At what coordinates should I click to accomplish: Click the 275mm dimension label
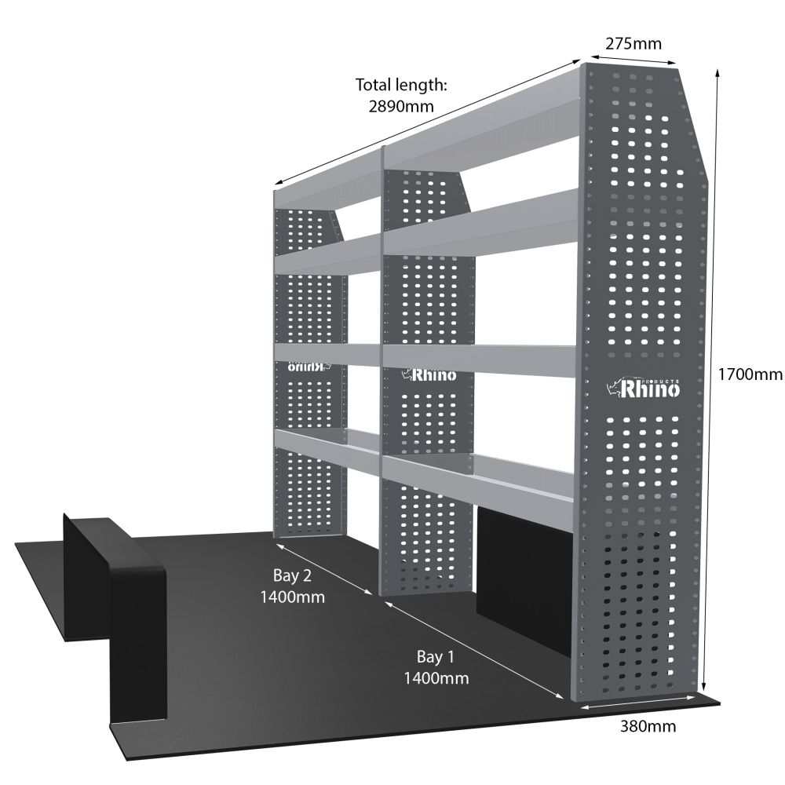pyautogui.click(x=633, y=44)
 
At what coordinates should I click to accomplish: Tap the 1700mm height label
pyautogui.click(x=750, y=374)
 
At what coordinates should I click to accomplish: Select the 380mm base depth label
pyautogui.click(x=648, y=725)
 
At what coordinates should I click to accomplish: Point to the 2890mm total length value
pyautogui.click(x=401, y=106)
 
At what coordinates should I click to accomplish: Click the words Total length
pyautogui.click(x=400, y=85)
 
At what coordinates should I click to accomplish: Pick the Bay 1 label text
pyautogui.click(x=436, y=656)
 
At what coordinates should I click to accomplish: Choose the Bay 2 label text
pyautogui.click(x=292, y=575)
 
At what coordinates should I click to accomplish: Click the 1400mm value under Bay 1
pyautogui.click(x=436, y=678)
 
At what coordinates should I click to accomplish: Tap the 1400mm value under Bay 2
pyautogui.click(x=292, y=597)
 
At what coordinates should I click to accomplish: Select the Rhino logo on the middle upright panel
pyautogui.click(x=429, y=374)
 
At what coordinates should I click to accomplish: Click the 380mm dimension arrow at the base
pyautogui.click(x=637, y=700)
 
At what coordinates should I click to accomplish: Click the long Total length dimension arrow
pyautogui.click(x=427, y=122)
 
